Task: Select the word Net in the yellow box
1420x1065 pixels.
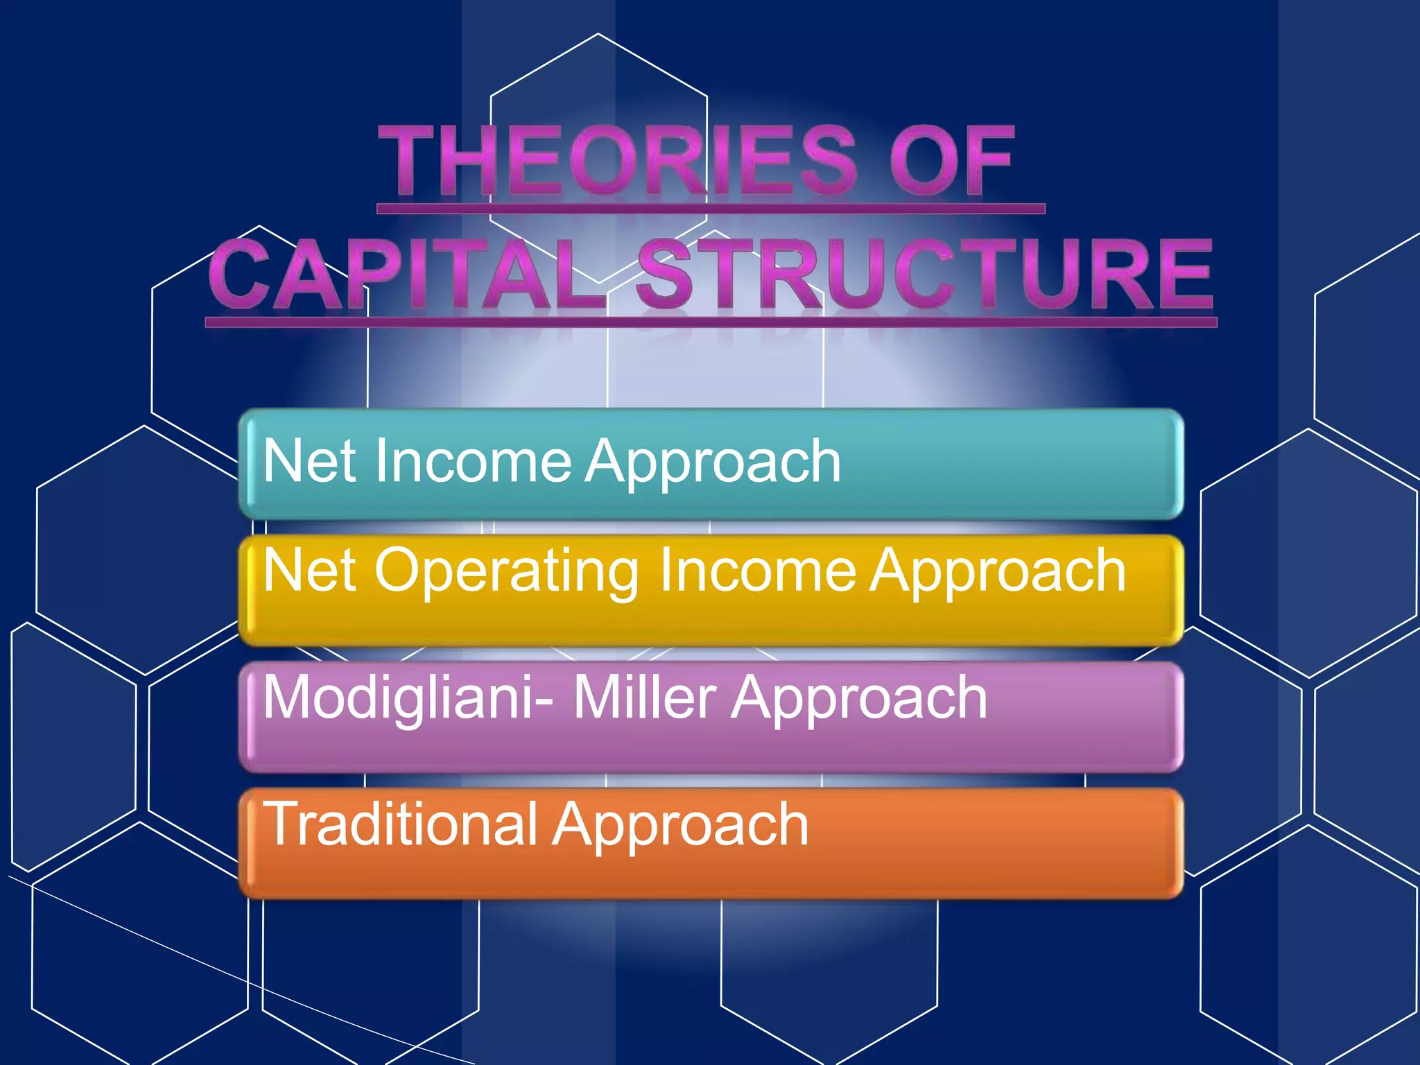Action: coord(311,570)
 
